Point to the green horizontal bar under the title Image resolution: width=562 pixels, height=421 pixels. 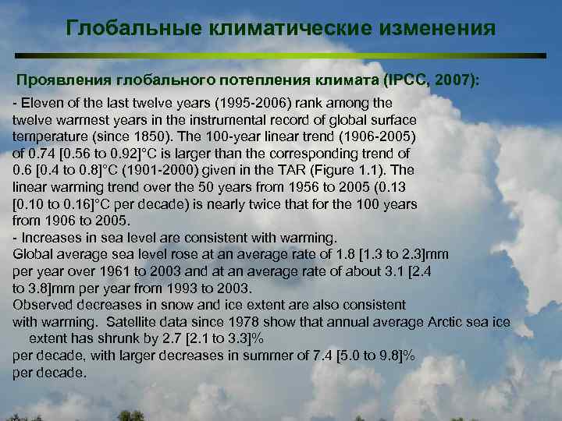(x=281, y=56)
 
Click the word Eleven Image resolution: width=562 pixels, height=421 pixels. (x=40, y=103)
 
